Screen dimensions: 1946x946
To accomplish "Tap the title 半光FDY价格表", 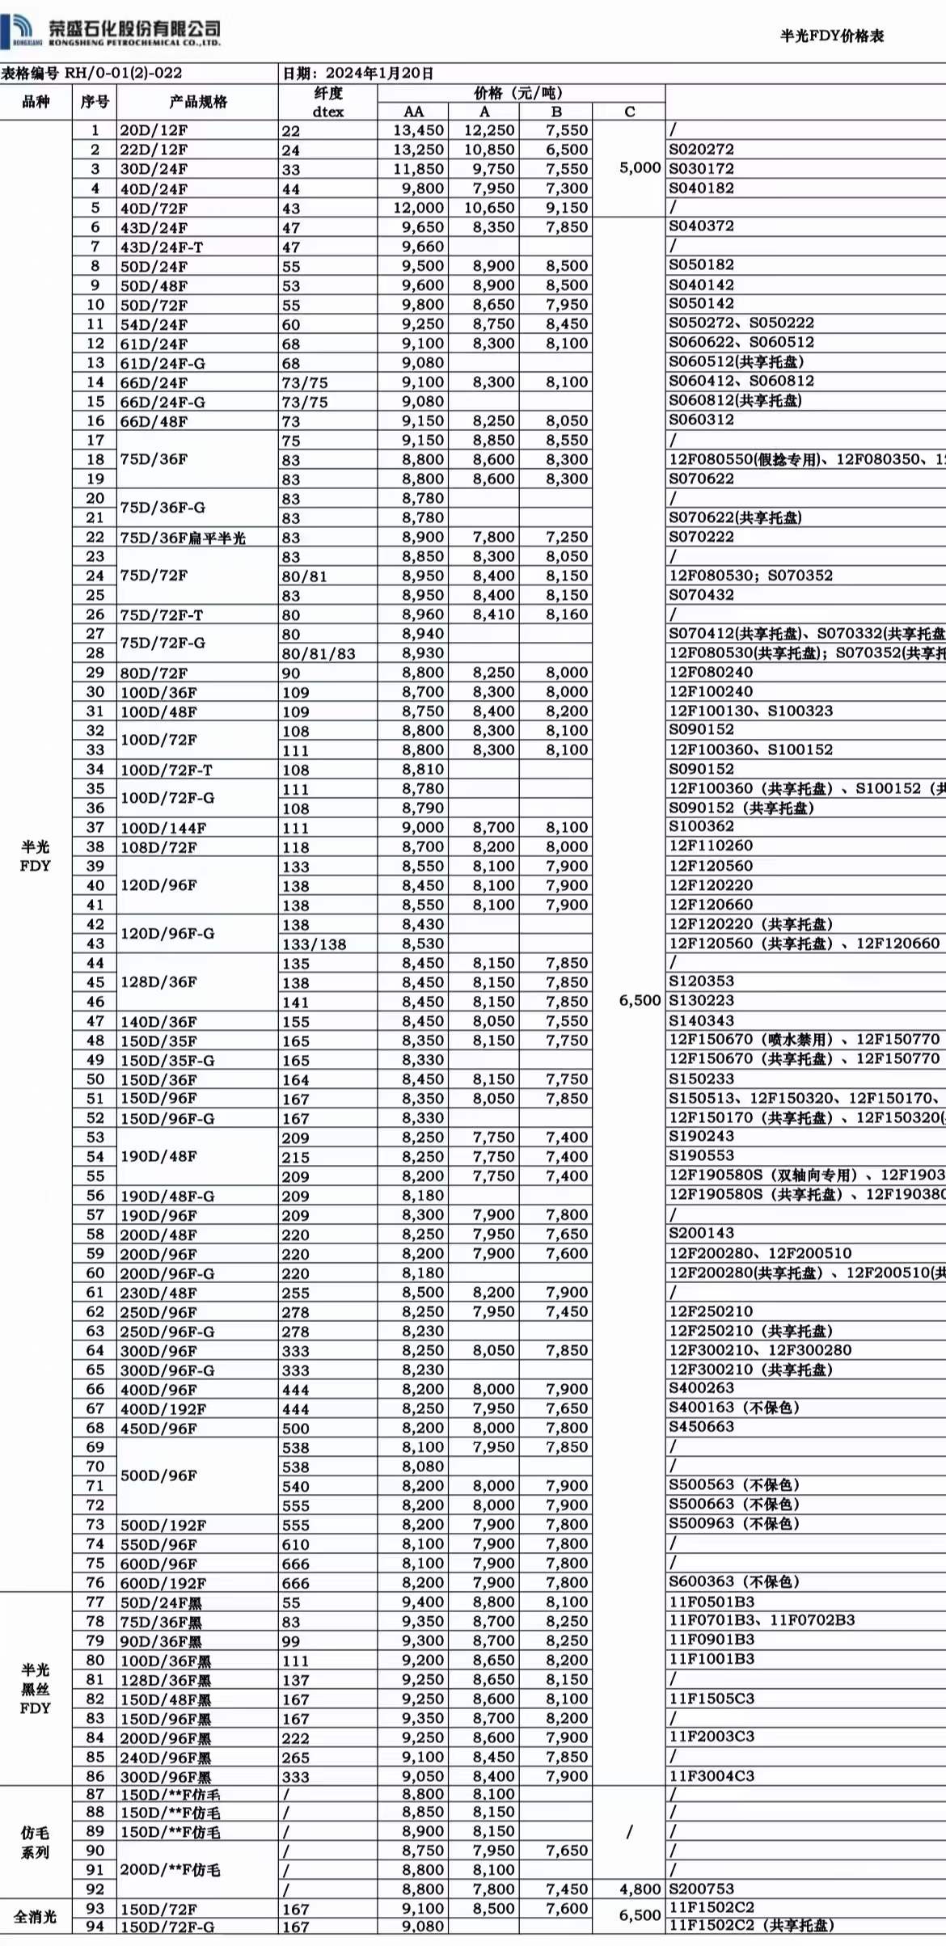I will click(x=831, y=36).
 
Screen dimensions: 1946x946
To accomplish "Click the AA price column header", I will click(x=413, y=112).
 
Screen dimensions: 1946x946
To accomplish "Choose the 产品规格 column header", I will click(x=198, y=102).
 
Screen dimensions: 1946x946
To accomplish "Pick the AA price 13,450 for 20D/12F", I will click(x=418, y=130).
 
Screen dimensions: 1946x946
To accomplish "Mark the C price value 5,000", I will click(x=640, y=168).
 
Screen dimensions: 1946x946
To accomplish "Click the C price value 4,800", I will click(x=640, y=1889).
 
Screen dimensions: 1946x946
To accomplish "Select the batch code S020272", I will click(x=701, y=150).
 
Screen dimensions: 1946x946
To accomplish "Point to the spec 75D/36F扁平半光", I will click(x=183, y=538).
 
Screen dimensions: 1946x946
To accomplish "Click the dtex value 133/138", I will click(x=314, y=943).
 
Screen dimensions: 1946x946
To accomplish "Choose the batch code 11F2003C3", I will click(x=712, y=1737).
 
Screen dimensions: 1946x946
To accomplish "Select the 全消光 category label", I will click(x=35, y=1916).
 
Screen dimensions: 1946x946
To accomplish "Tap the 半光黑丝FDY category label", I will click(x=35, y=1689).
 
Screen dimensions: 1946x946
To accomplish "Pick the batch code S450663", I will click(x=701, y=1427).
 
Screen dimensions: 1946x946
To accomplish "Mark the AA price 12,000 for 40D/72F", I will click(x=418, y=208).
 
